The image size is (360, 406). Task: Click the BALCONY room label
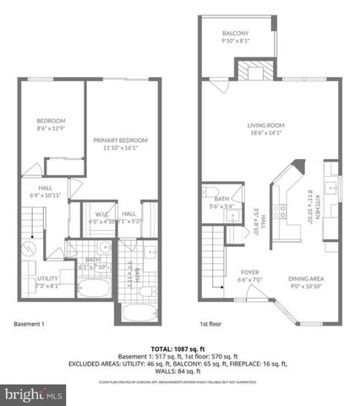coord(235,31)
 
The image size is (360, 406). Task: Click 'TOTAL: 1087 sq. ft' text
coord(179,348)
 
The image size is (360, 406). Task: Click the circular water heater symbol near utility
coord(28,250)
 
